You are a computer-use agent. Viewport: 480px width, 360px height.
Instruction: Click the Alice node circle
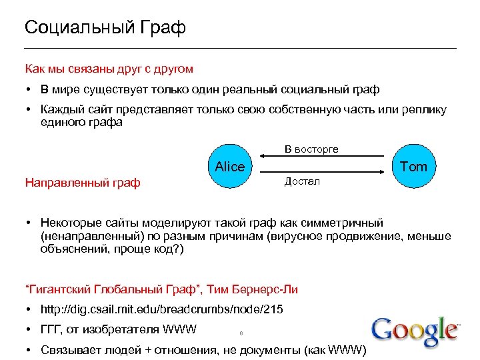(229, 167)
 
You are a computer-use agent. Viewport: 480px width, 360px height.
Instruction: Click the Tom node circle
(413, 167)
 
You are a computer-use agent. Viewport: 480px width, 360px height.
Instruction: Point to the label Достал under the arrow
(302, 181)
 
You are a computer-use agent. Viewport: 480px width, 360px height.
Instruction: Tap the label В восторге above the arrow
(311, 149)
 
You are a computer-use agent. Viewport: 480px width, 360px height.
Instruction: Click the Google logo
(415, 331)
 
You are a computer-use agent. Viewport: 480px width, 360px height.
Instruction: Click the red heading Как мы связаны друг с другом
(109, 69)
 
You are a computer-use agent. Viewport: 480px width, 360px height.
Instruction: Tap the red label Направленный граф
(82, 182)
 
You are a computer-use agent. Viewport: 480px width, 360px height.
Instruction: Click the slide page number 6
(240, 334)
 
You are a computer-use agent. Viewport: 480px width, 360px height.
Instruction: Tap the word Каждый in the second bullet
(62, 109)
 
